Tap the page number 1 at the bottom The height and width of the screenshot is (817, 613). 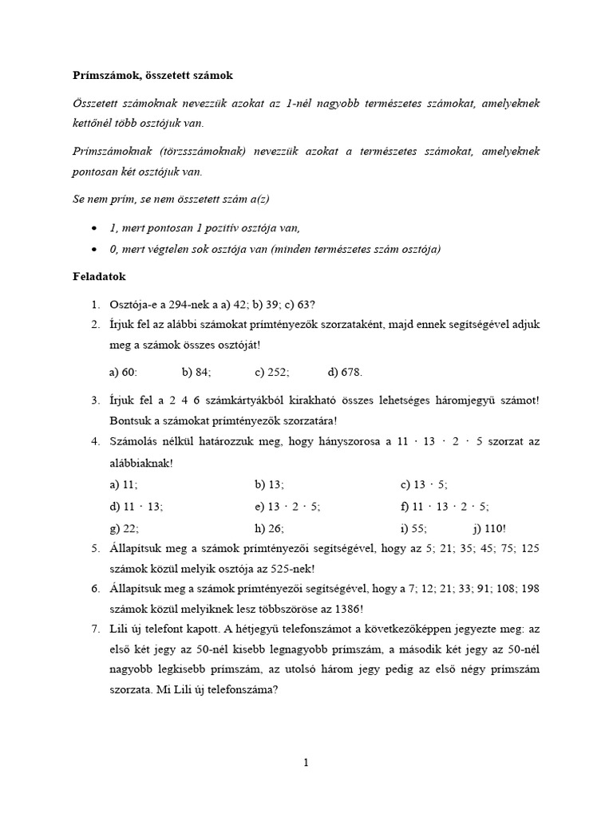point(306,762)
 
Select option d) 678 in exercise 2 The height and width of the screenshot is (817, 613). point(345,372)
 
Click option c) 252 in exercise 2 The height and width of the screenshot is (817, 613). point(272,372)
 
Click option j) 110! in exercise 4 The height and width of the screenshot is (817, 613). point(488,527)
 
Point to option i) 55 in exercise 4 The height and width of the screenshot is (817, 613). point(413,527)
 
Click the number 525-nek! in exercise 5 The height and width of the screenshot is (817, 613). point(289,569)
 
